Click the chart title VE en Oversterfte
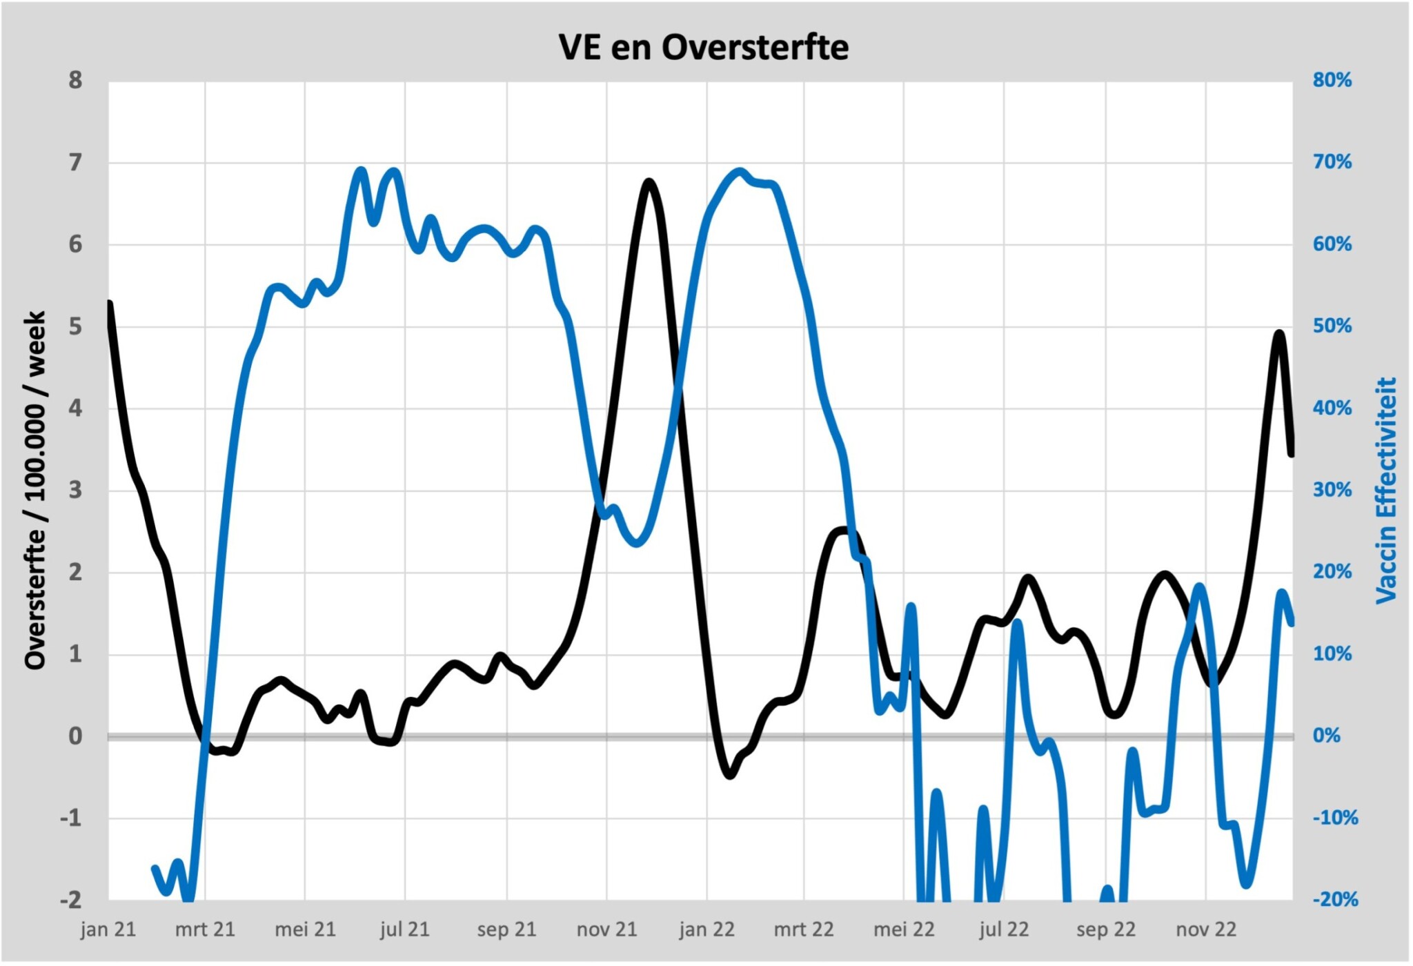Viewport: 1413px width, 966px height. tap(703, 48)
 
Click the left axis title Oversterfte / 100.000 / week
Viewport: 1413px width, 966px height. tap(35, 490)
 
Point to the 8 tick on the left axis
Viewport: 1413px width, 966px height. tap(75, 81)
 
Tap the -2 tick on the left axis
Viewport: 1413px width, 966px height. tap(71, 900)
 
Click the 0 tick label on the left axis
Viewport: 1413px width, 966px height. tap(75, 736)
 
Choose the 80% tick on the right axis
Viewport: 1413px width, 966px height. tap(1332, 81)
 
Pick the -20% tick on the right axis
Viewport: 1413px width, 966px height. tap(1334, 900)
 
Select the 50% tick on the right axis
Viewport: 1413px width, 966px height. tap(1332, 326)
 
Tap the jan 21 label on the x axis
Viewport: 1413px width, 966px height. tap(108, 930)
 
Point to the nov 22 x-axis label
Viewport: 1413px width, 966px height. tap(1205, 930)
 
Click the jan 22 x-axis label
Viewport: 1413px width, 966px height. tap(706, 930)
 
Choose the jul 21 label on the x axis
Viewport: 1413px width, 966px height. tap(405, 930)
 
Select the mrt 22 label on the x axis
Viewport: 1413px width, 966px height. tap(804, 930)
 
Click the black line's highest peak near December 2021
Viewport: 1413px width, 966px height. tap(649, 183)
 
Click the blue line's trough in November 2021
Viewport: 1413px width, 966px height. tap(637, 542)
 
